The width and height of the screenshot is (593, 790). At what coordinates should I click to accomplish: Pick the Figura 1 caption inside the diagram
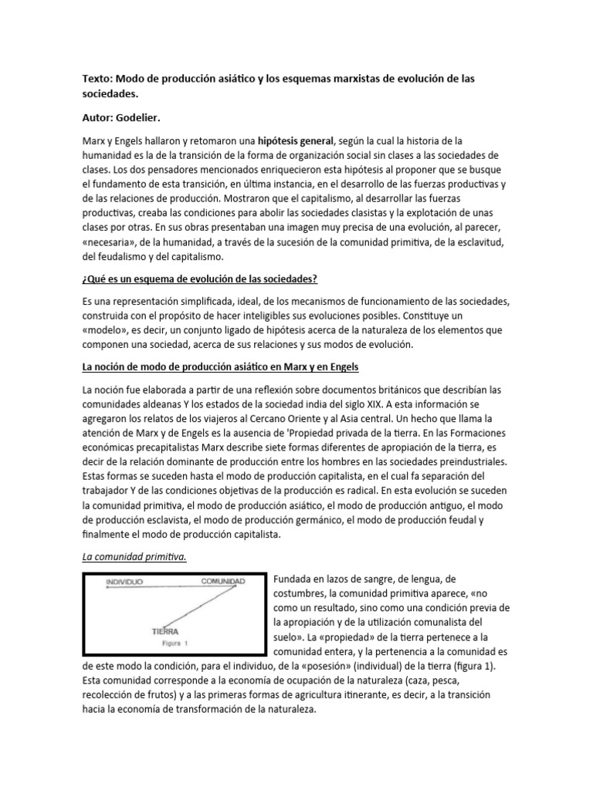(x=175, y=643)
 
